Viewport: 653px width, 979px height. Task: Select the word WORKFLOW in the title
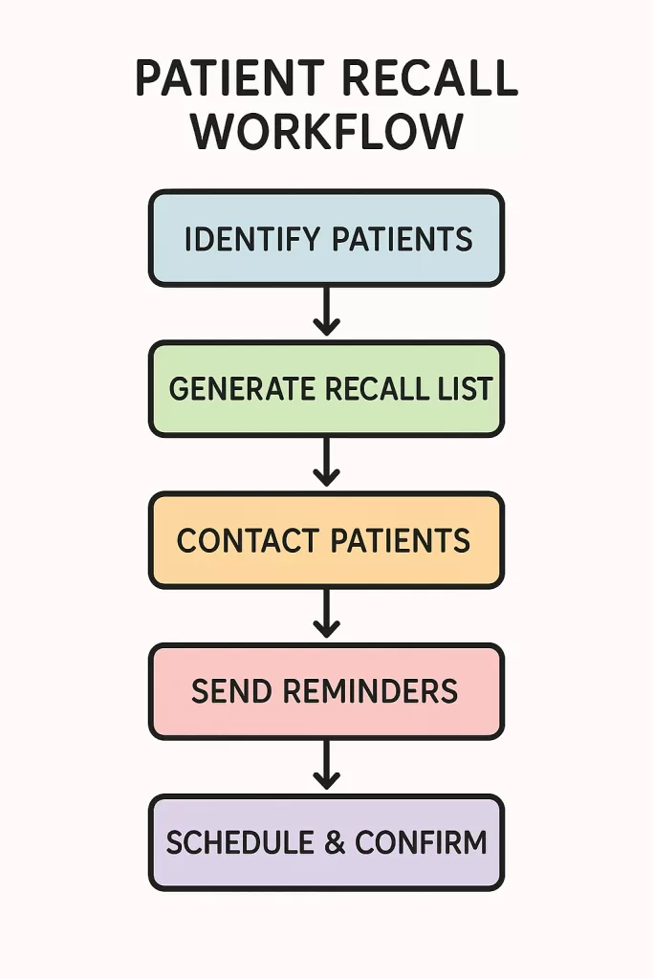click(327, 132)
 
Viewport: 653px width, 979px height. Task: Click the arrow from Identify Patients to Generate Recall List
click(326, 313)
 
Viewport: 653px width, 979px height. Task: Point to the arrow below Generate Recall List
click(326, 463)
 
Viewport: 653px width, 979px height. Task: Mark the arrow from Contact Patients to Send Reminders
click(326, 614)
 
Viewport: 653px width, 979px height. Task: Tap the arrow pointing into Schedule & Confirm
click(326, 765)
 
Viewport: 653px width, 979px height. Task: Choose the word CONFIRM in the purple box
click(421, 842)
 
